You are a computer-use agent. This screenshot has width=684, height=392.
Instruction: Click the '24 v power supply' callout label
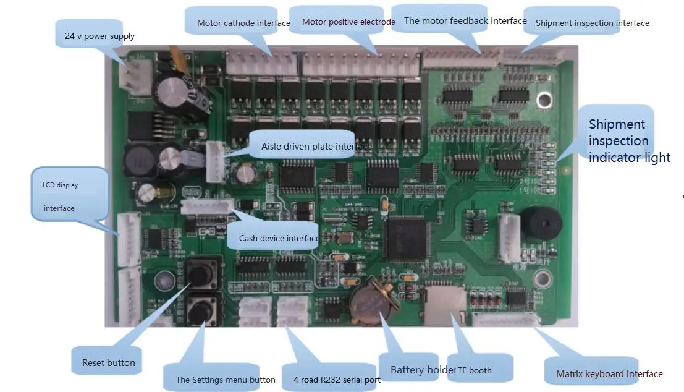pyautogui.click(x=99, y=36)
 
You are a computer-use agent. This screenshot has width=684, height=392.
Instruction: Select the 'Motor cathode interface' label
pyautogui.click(x=243, y=23)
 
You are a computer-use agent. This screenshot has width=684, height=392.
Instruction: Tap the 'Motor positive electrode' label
pyautogui.click(x=348, y=22)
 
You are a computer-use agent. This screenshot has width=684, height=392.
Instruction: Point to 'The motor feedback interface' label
pyautogui.click(x=465, y=21)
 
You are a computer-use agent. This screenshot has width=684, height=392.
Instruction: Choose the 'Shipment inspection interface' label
pyautogui.click(x=592, y=23)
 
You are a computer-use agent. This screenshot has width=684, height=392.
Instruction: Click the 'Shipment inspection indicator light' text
pyautogui.click(x=628, y=141)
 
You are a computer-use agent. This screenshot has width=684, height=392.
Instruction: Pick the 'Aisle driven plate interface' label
pyautogui.click(x=316, y=147)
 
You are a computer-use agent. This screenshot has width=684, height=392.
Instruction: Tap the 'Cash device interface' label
pyautogui.click(x=279, y=238)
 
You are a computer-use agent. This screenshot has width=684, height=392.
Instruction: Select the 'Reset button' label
pyautogui.click(x=108, y=363)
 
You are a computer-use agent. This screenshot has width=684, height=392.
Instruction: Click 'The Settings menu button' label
pyautogui.click(x=226, y=380)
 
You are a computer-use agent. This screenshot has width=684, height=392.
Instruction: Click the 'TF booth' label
pyautogui.click(x=475, y=370)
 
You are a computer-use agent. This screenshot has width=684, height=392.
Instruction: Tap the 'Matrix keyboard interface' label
pyautogui.click(x=609, y=374)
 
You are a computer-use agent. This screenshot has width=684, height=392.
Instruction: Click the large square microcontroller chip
pyautogui.click(x=405, y=239)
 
